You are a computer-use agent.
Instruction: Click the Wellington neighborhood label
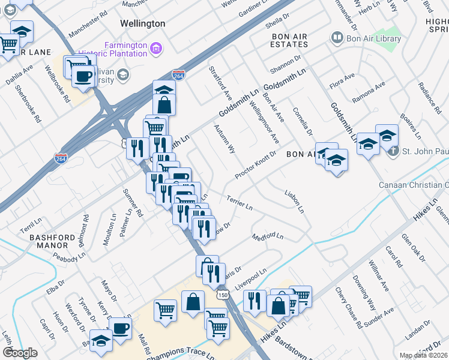[142, 23]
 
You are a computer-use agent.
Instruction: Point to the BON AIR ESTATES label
[289, 41]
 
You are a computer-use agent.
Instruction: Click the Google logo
[20, 353]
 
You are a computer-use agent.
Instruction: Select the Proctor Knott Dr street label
[256, 163]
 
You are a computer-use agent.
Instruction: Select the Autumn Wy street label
[224, 139]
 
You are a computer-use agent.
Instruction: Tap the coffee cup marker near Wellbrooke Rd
[83, 76]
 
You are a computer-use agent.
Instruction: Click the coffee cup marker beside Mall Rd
[121, 328]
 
